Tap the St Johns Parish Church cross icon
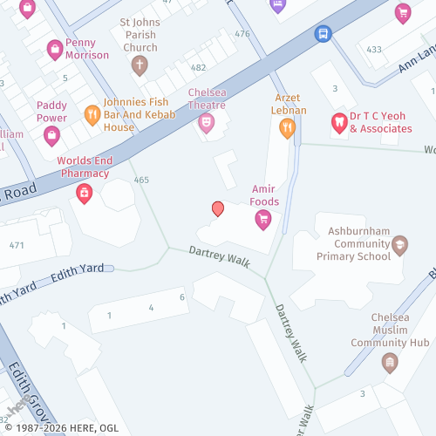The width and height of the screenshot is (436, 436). (x=139, y=64)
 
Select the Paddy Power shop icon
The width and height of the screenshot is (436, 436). (x=51, y=134)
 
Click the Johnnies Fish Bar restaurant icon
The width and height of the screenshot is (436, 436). (x=92, y=114)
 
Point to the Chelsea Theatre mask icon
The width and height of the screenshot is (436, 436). (x=207, y=124)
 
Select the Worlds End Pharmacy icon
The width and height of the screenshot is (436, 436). (x=85, y=194)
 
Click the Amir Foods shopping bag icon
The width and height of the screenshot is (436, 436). (x=262, y=220)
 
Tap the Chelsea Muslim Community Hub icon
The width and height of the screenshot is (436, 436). (x=390, y=361)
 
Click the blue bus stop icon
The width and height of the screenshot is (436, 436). (x=324, y=34)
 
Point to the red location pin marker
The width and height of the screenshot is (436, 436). (x=218, y=208)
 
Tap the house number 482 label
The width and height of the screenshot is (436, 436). (x=199, y=67)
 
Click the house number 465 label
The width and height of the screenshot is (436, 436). (x=141, y=180)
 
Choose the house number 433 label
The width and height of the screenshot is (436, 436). (x=374, y=50)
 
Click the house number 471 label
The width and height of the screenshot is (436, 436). (x=17, y=245)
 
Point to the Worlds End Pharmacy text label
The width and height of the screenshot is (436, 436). (x=85, y=167)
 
